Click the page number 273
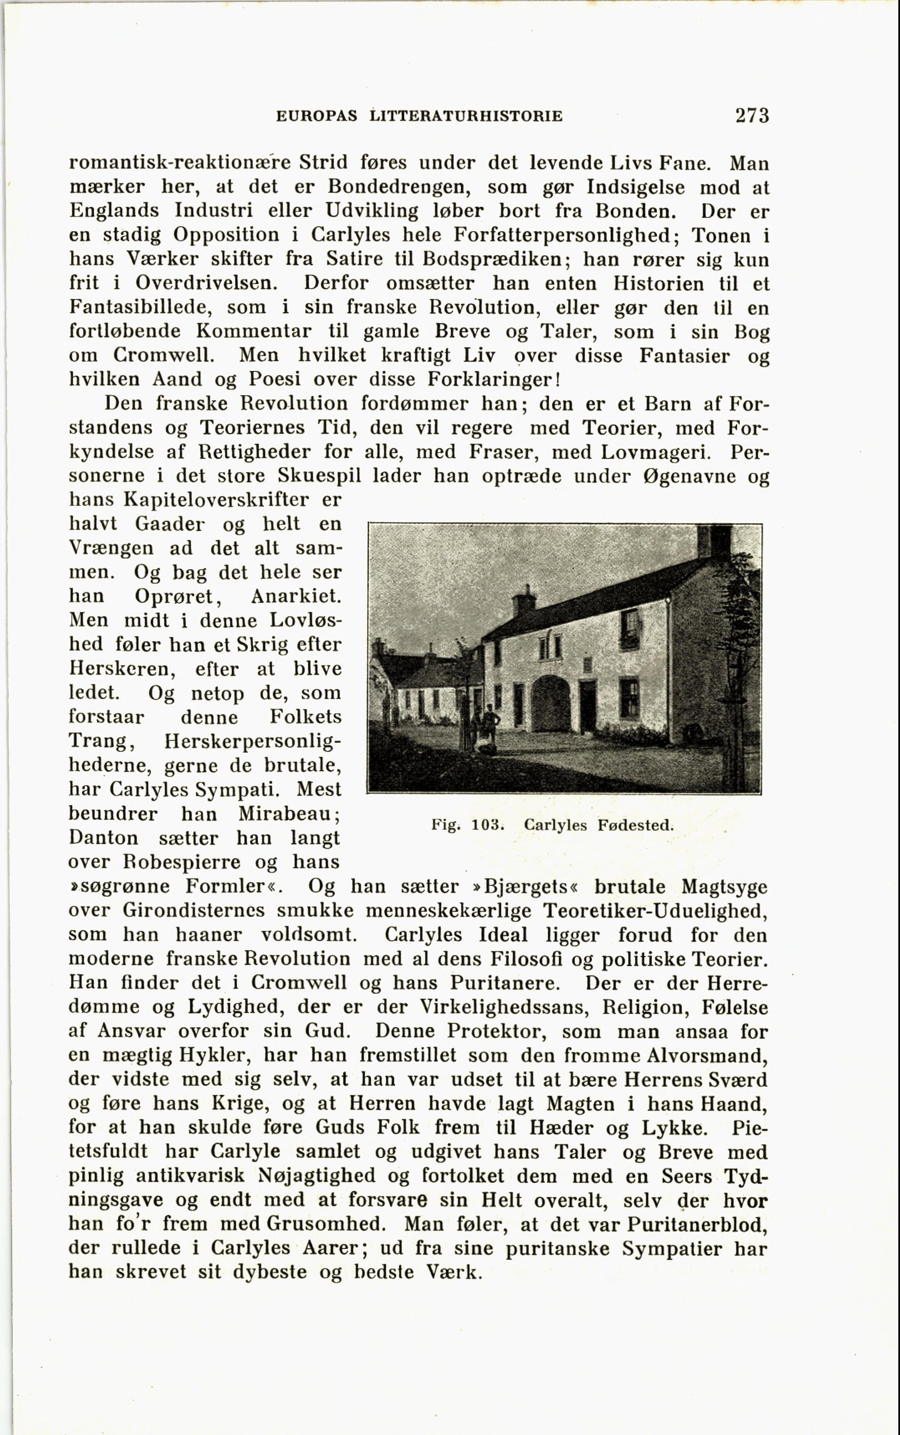click(752, 115)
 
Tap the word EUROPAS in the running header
click(317, 116)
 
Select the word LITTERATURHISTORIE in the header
click(465, 116)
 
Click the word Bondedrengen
click(399, 187)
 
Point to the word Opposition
click(226, 235)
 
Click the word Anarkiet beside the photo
click(296, 596)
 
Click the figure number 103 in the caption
click(488, 825)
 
